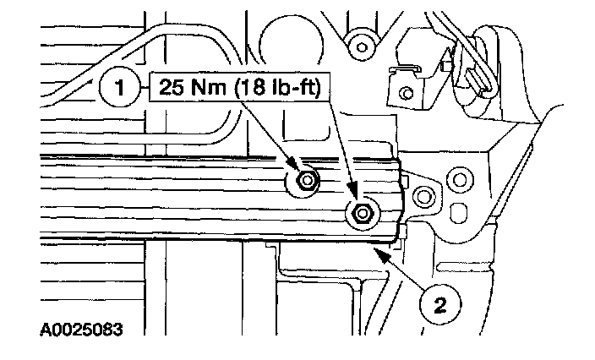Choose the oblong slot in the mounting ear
462,210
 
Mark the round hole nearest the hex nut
423,195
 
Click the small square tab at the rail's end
406,181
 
